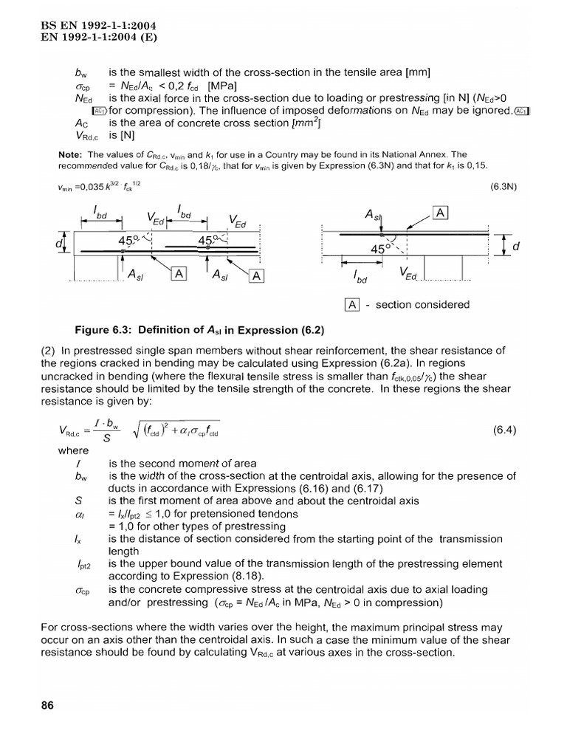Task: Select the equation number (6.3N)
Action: [x=504, y=187]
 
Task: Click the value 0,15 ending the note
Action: [x=475, y=166]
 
